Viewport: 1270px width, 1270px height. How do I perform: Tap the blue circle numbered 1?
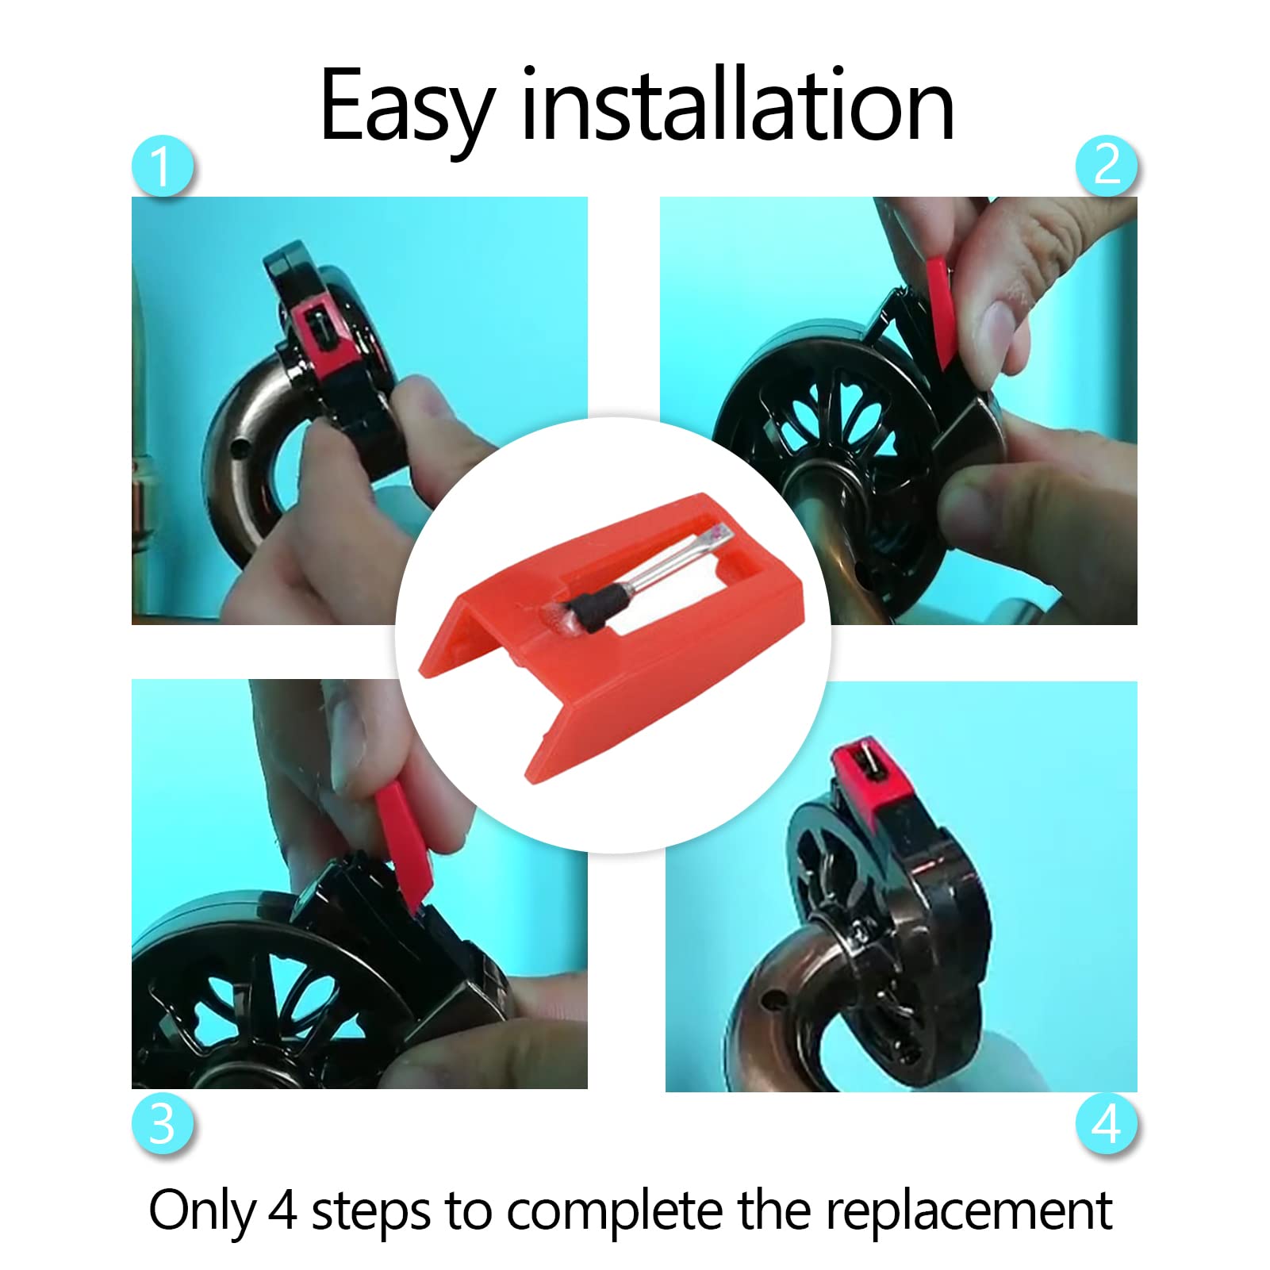(163, 167)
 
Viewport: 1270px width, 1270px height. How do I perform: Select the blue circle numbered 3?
(163, 1123)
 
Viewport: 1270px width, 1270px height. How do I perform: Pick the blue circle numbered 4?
(1107, 1123)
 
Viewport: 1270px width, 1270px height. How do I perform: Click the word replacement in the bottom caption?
(969, 1212)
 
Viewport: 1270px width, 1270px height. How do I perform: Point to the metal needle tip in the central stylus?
(716, 535)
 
